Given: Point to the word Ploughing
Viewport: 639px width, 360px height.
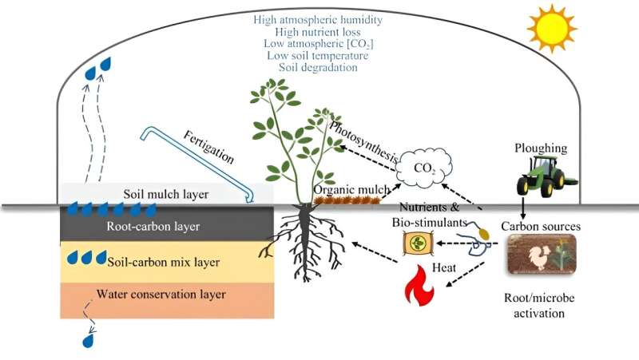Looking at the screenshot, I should (x=542, y=148).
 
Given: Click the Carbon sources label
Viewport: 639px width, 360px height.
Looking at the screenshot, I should (x=540, y=226).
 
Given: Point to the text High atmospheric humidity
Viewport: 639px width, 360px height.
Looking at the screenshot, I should (x=318, y=18).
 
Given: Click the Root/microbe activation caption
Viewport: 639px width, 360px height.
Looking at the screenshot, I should (x=540, y=305).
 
